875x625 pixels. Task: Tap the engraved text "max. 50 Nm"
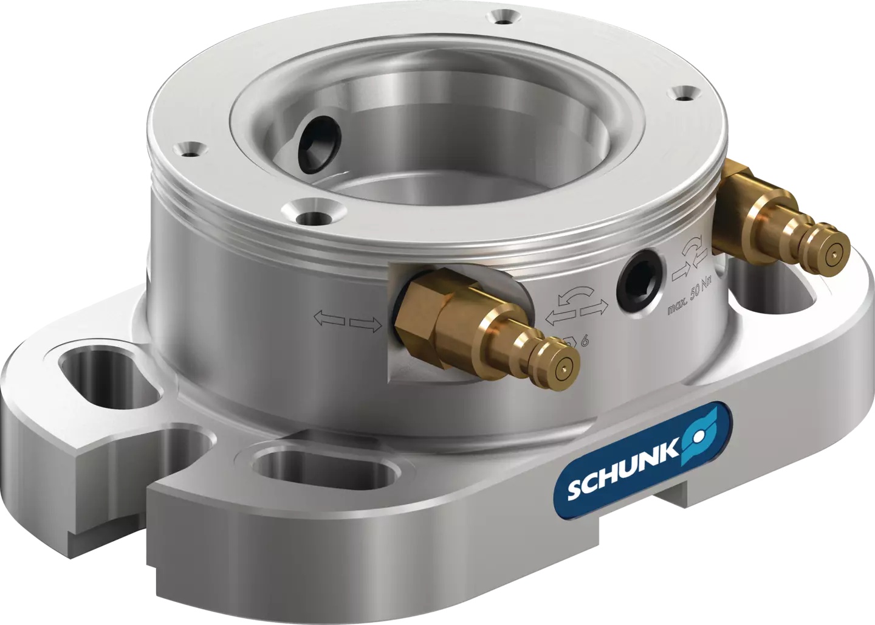(x=691, y=298)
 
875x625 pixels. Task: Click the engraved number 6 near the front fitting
(x=584, y=341)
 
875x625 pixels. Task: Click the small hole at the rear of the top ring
(x=501, y=17)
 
